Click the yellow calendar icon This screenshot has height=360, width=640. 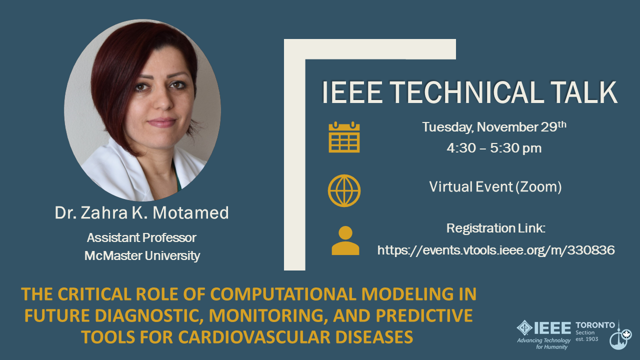(x=344, y=137)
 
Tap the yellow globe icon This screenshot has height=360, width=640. (x=344, y=190)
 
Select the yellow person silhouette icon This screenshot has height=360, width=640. (x=345, y=240)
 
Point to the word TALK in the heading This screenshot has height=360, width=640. (x=584, y=92)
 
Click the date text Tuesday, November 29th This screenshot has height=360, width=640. (x=494, y=126)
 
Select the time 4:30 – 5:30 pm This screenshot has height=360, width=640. (x=494, y=148)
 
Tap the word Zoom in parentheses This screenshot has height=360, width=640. (x=538, y=187)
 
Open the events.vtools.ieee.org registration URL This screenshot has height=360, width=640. (x=496, y=250)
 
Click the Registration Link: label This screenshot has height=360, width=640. (x=496, y=228)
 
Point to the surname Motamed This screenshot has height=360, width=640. (x=190, y=212)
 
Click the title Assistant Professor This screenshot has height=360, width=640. (x=141, y=237)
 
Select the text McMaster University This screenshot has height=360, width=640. (x=142, y=255)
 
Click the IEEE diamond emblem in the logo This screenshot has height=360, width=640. (x=524, y=327)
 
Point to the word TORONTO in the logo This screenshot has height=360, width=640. (x=595, y=325)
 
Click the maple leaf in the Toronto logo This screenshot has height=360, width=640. (x=626, y=334)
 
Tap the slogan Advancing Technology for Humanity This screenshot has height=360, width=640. (x=544, y=343)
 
